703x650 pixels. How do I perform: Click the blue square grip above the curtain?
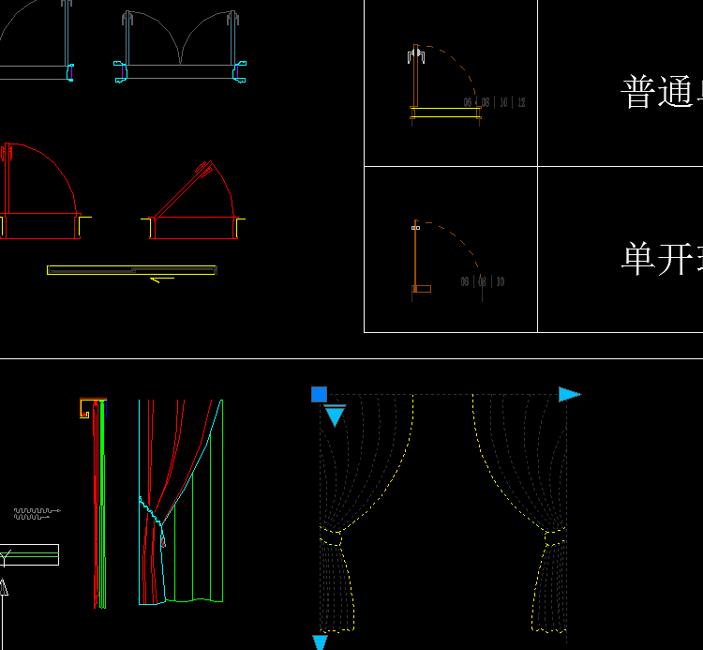pos(319,394)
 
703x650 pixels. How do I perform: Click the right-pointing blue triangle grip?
pos(569,394)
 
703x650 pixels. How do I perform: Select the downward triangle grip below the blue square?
pos(335,416)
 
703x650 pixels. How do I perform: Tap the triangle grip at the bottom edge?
pos(320,642)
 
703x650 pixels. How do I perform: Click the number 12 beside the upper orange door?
pos(520,102)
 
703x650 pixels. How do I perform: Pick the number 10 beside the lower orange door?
pos(500,281)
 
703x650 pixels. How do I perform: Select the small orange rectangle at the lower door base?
pos(422,289)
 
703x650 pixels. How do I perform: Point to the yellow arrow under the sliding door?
pos(162,279)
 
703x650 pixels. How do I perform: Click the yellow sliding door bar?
pos(131,270)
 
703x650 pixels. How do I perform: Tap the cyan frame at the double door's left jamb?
pos(121,71)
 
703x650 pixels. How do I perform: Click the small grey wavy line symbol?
pos(36,513)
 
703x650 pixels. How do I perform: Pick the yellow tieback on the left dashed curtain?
pos(331,538)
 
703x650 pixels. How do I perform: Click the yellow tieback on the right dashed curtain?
pos(554,537)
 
